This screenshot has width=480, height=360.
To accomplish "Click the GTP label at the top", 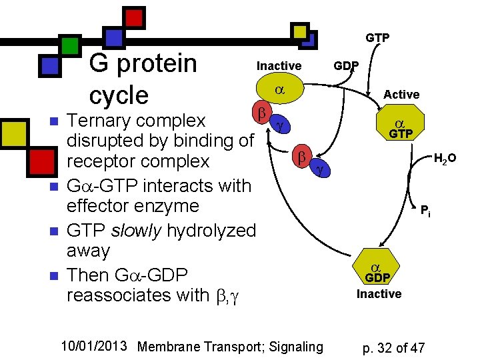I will [377, 38].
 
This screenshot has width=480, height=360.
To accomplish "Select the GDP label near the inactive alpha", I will [346, 67].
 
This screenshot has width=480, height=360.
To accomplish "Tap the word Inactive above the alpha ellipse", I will [279, 66].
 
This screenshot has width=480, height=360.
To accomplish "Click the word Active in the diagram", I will [401, 95].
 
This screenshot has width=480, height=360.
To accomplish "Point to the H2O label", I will [445, 159].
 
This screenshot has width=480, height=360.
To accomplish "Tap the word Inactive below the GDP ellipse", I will [379, 294].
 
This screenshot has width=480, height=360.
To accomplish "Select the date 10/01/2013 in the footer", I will [94, 346].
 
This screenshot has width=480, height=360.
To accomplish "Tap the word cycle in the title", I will [119, 95].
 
